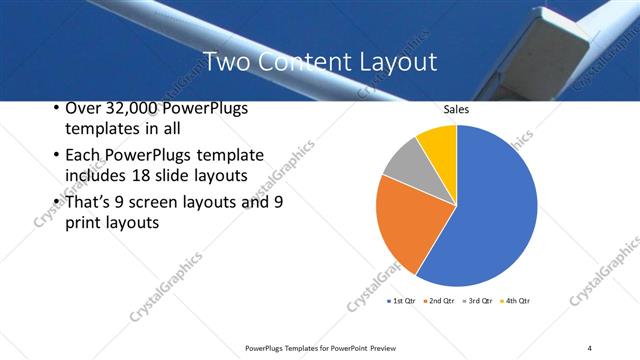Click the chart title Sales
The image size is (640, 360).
click(x=457, y=111)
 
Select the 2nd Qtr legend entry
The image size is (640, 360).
click(x=441, y=300)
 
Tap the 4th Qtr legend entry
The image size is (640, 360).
click(x=515, y=300)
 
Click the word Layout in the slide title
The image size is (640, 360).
click(x=399, y=61)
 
